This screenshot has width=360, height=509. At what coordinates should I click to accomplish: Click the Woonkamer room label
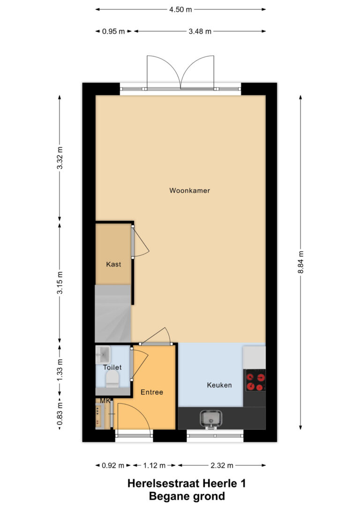(189, 191)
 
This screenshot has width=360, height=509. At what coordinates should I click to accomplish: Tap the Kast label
(113, 264)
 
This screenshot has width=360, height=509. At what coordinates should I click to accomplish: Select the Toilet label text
(112, 367)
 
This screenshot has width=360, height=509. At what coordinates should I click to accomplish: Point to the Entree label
(151, 392)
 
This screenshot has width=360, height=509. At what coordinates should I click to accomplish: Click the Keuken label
(219, 385)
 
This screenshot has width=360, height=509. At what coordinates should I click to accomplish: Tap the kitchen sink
(211, 419)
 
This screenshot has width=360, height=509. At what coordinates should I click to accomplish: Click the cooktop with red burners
(255, 380)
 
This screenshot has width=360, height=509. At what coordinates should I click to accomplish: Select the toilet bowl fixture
(112, 380)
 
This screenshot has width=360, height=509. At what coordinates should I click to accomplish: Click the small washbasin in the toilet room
(103, 354)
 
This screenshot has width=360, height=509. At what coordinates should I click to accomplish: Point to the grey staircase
(112, 314)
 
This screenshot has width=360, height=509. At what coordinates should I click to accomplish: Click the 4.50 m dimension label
(180, 10)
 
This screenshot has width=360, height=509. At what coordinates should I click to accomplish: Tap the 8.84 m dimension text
(300, 262)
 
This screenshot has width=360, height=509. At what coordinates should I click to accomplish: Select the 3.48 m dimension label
(200, 31)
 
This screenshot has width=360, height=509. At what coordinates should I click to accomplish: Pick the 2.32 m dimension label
(222, 465)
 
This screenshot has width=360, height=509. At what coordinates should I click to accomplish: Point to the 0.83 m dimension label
(60, 413)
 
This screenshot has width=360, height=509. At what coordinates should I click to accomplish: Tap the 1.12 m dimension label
(155, 465)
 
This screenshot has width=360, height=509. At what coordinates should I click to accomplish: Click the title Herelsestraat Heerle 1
(187, 483)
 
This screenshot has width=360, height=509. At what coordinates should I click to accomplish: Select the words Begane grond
(187, 496)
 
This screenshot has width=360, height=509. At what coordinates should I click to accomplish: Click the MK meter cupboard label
(105, 401)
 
